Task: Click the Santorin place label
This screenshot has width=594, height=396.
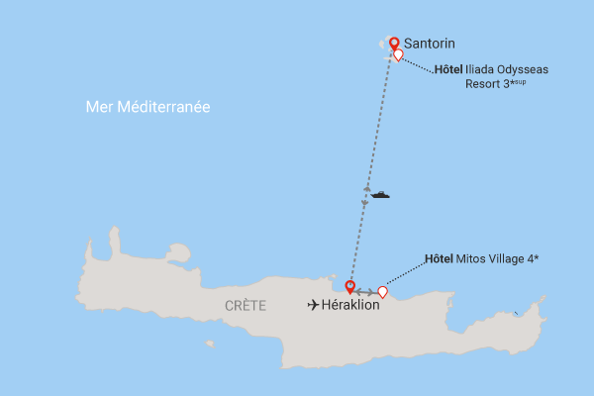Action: (x=429, y=44)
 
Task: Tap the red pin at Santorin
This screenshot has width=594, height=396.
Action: (x=394, y=43)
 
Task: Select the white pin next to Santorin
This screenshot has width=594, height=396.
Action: (x=398, y=55)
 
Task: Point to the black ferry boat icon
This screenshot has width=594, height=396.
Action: (x=379, y=194)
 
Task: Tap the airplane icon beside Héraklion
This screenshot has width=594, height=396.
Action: (x=314, y=305)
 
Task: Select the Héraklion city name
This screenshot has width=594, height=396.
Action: (x=351, y=305)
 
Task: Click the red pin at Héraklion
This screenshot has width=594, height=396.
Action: (x=349, y=287)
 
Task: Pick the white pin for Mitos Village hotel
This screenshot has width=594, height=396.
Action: (x=382, y=292)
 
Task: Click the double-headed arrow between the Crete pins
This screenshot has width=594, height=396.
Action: (x=365, y=292)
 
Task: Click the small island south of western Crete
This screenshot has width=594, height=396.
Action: (x=210, y=345)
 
